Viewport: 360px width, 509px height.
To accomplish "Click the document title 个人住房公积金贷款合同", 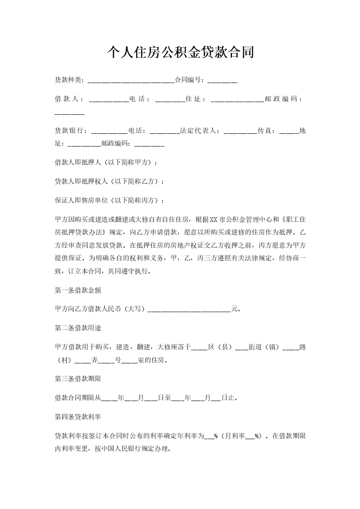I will click(180, 53).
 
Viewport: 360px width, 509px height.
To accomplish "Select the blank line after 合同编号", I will click(222, 81).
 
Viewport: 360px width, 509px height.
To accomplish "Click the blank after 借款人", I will click(109, 99).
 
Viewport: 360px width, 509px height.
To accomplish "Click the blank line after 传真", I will click(289, 132).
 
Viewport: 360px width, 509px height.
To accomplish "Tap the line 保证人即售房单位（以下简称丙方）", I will click(109, 201).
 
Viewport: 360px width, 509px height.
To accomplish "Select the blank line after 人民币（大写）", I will click(189, 310).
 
